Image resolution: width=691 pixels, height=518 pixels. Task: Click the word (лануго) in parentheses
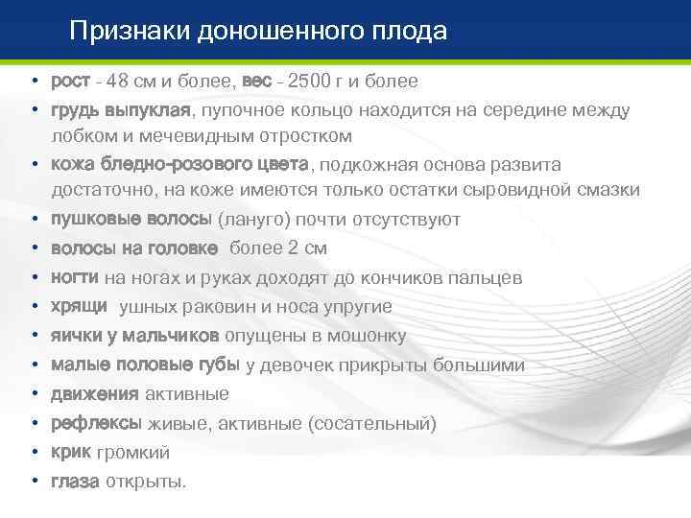[253, 220]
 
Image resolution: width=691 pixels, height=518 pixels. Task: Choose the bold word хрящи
[78, 306]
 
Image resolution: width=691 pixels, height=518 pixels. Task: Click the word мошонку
[369, 336]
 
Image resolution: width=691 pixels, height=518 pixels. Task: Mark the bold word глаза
[74, 482]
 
